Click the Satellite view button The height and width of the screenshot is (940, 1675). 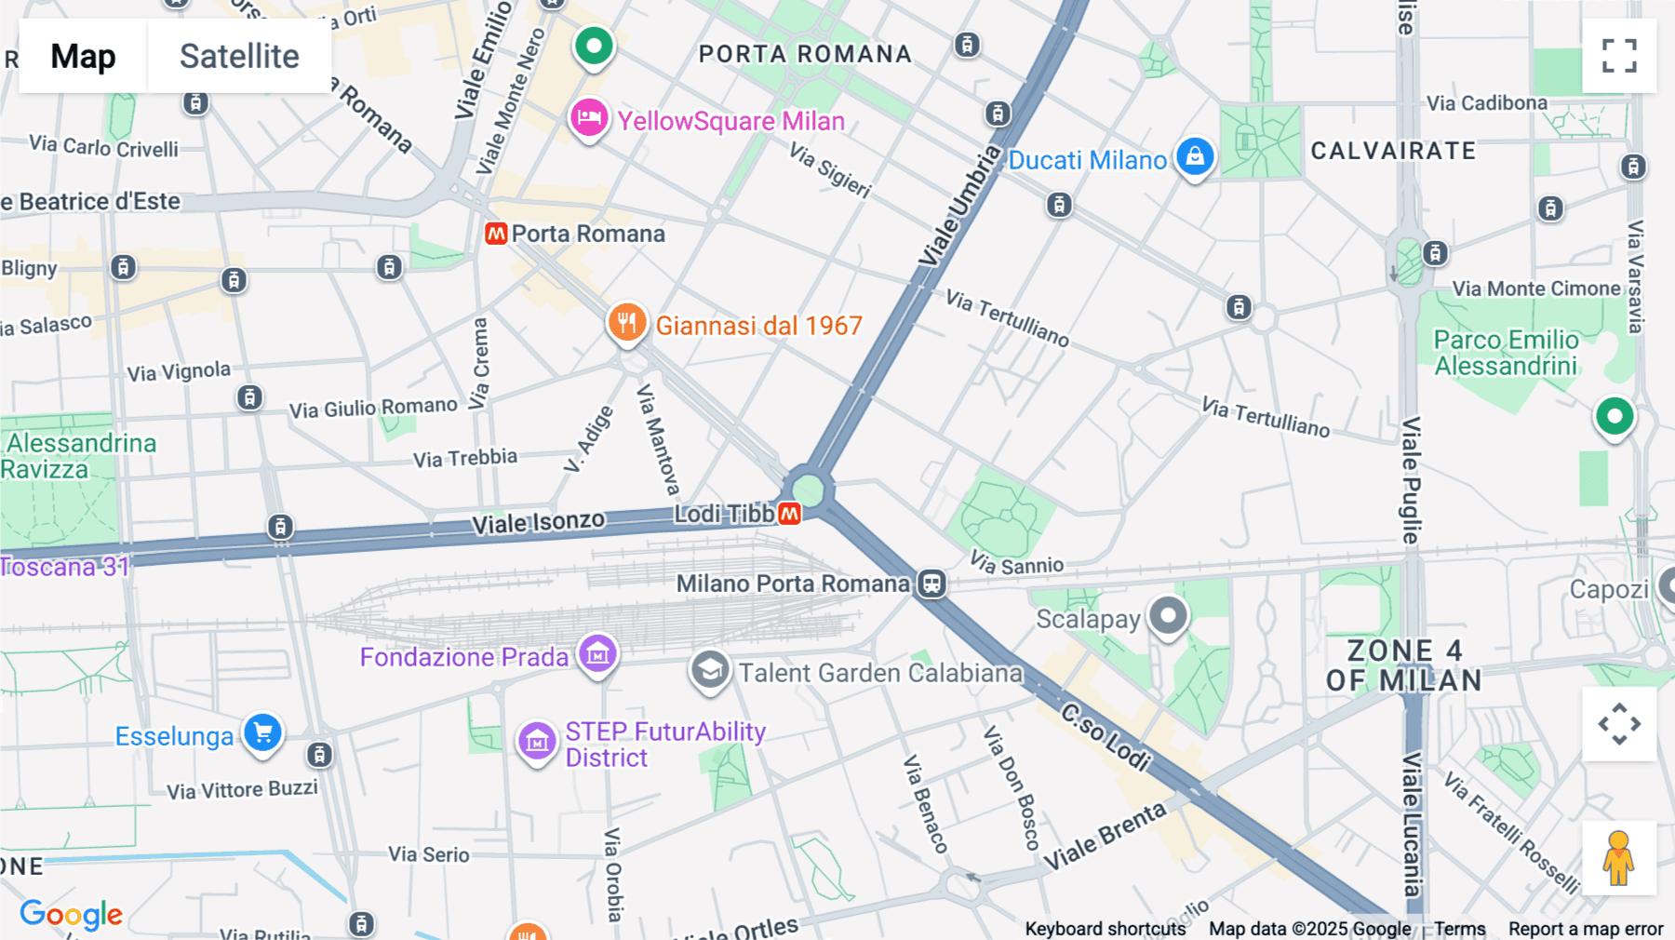pos(239,57)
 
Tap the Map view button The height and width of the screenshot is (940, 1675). pos(83,57)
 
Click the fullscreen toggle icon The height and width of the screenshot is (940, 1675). pos(1619,56)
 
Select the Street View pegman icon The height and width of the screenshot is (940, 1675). pos(1619,858)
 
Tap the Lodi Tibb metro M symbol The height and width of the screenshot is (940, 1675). pos(790,514)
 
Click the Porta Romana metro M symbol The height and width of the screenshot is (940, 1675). pos(496,234)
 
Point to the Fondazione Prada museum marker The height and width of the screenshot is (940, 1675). pos(597,653)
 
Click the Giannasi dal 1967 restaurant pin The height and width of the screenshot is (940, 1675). pos(627,323)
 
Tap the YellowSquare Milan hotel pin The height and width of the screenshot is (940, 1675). pos(589,119)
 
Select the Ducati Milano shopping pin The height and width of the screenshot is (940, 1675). pos(1195,156)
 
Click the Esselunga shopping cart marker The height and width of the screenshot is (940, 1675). pos(262,733)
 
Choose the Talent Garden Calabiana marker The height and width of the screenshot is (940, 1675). pos(710,670)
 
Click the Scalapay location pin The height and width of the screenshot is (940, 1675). pos(1168,615)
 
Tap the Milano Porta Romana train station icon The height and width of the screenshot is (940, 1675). pos(931,584)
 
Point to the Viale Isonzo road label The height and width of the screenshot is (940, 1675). pos(538,523)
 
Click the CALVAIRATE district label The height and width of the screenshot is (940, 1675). pos(1393,151)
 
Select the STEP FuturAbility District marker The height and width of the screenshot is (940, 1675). pos(537,743)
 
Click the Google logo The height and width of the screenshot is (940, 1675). pos(71,915)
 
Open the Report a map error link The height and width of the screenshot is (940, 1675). pos(1586,929)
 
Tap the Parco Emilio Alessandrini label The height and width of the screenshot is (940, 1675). pos(1506,353)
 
